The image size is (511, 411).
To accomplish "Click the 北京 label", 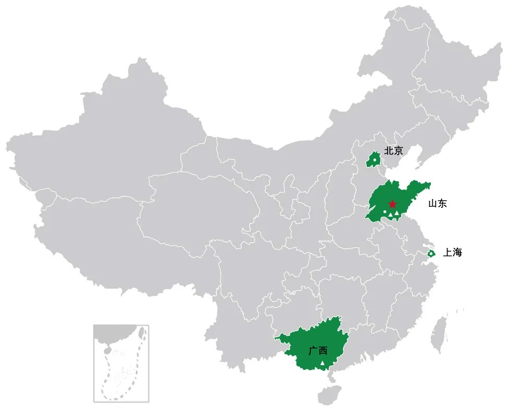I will [393, 151].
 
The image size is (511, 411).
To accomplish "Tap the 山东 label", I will [437, 204].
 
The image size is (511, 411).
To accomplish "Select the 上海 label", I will [452, 253].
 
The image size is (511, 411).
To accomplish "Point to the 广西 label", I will [317, 351].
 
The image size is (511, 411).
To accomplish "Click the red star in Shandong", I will [392, 204].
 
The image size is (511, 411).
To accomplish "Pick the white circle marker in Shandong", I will [385, 211].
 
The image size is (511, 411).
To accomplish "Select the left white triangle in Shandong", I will [390, 215].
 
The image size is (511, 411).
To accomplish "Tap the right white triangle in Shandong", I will [397, 214].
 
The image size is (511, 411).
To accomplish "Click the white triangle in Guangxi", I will [322, 363].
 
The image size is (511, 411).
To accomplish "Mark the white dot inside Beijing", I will [374, 159].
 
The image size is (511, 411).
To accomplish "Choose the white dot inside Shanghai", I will [431, 254].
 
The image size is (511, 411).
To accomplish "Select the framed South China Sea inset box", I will [121, 363].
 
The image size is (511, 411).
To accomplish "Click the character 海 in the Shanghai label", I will [457, 253].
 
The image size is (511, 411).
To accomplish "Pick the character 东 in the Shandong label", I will [442, 204].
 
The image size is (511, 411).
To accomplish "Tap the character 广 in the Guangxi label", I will [313, 351].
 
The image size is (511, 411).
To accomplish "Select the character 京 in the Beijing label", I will [398, 151].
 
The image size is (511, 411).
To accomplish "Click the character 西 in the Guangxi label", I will [322, 351].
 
